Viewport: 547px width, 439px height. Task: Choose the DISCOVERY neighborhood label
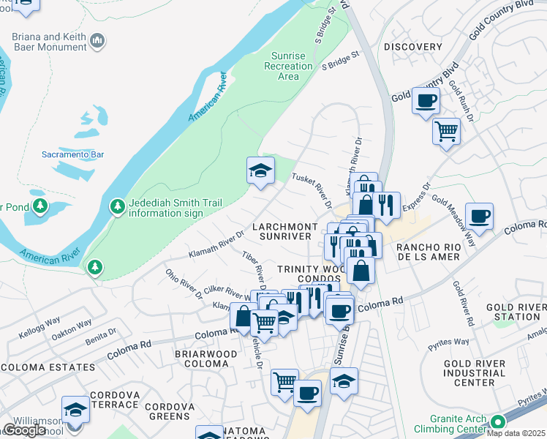[x=413, y=47]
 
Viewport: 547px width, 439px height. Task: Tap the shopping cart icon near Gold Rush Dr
[x=445, y=132]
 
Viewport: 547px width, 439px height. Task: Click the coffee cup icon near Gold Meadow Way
[x=479, y=216]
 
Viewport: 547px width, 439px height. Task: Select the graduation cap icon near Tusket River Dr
[x=260, y=170]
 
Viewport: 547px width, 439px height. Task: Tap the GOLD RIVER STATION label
[x=511, y=311]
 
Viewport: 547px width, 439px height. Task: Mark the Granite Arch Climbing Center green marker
[x=498, y=422]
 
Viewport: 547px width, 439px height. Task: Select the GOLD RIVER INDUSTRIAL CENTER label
[x=475, y=372]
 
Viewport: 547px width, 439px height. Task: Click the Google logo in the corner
[x=24, y=430]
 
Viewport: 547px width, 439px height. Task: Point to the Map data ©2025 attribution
[x=520, y=433]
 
